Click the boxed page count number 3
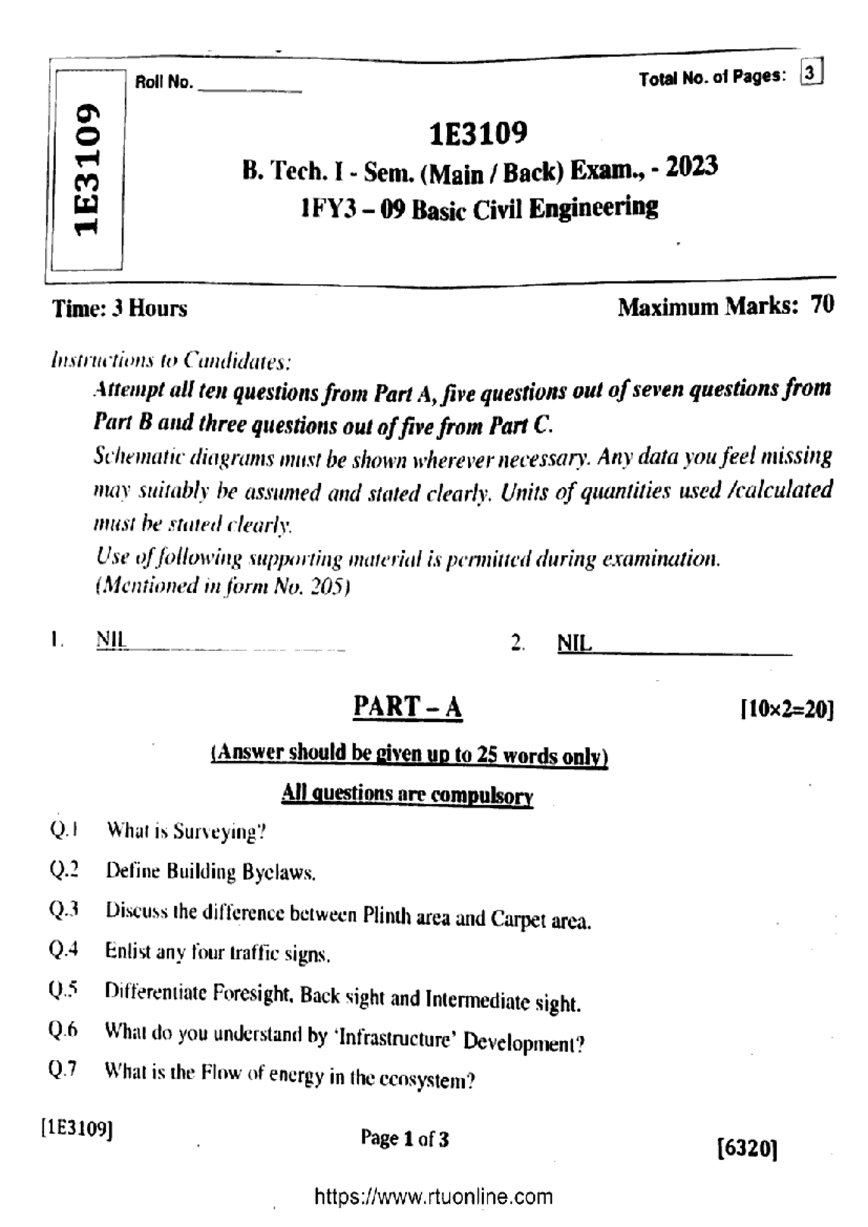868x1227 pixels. (x=812, y=74)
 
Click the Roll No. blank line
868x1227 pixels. (x=250, y=88)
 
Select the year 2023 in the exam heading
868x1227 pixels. (x=692, y=167)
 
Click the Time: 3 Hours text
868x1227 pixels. (x=119, y=309)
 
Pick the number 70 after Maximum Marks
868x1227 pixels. (x=822, y=305)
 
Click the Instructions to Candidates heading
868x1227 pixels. (x=171, y=360)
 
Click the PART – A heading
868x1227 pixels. (x=407, y=707)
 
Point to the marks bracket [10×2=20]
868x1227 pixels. (x=787, y=709)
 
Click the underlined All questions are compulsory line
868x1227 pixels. (x=407, y=794)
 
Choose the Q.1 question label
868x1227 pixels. (x=64, y=830)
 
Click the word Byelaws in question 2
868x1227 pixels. (x=279, y=873)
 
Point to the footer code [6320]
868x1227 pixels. (x=747, y=1149)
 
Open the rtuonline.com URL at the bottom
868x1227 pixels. (x=433, y=1197)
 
